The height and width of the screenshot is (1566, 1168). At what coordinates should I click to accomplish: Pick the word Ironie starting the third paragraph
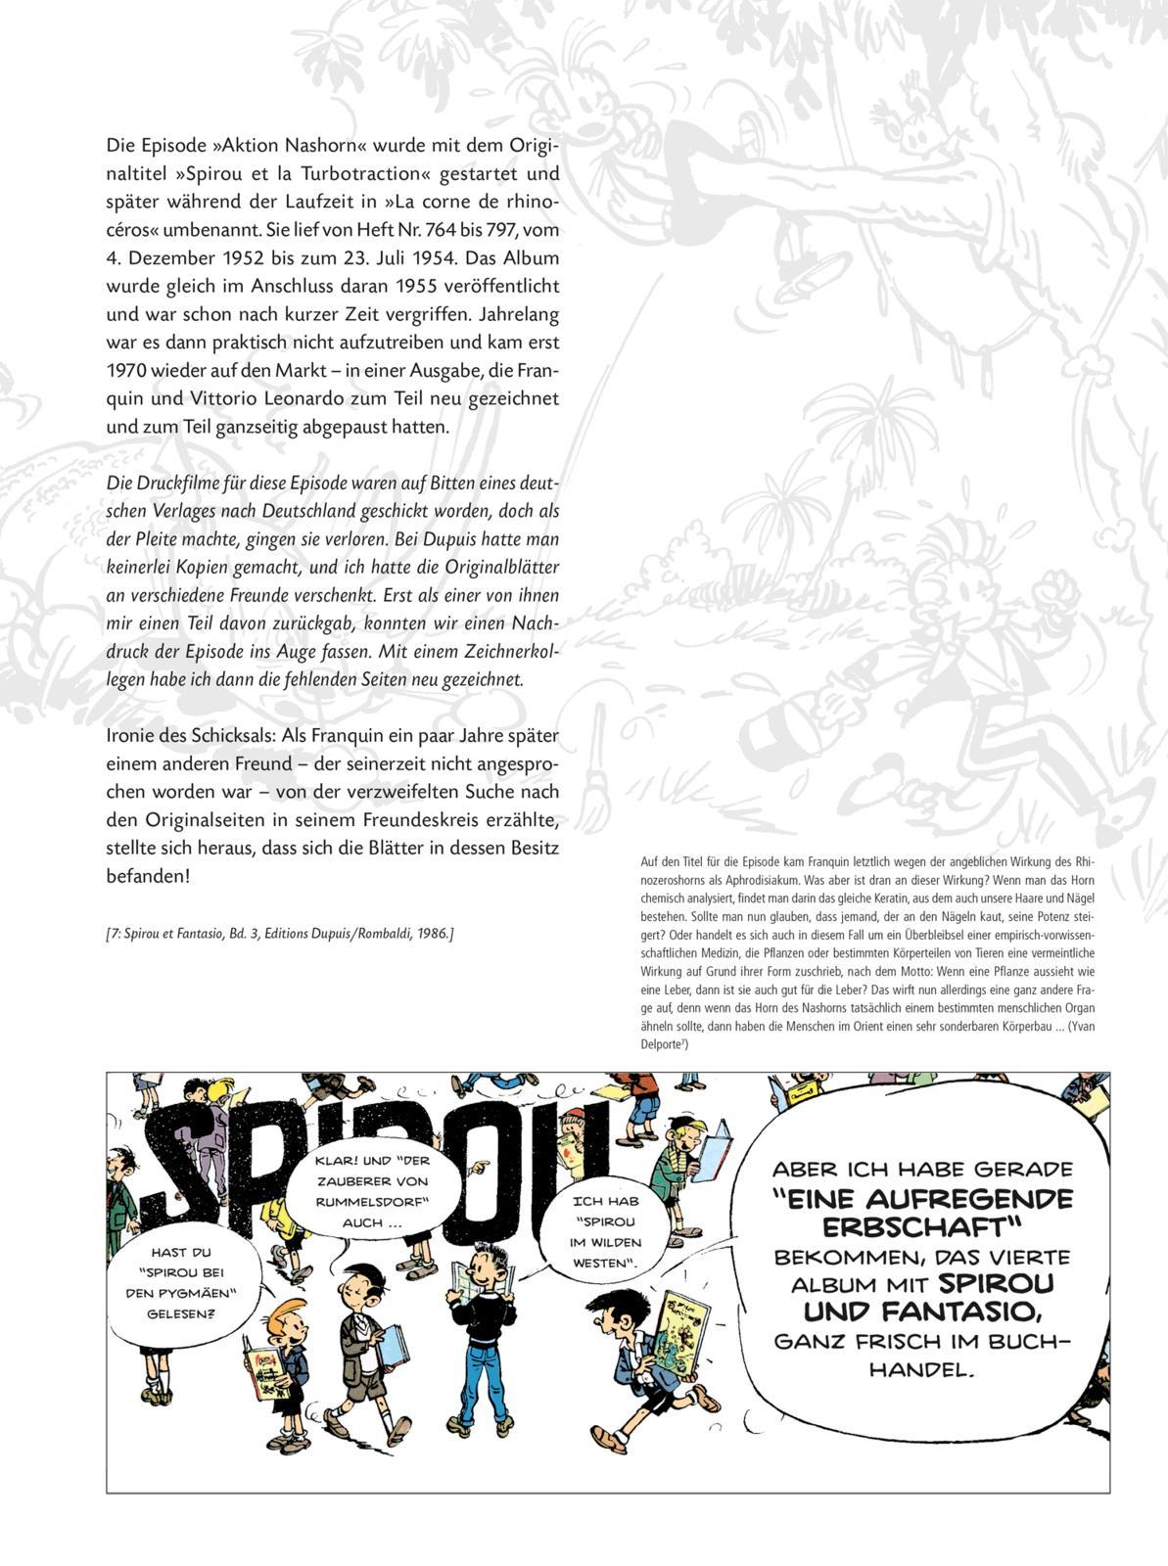coord(129,734)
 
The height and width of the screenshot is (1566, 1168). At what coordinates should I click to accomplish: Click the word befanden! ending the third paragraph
coord(148,876)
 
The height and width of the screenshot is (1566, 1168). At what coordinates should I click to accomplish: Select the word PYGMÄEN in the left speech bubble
coord(197,1293)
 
